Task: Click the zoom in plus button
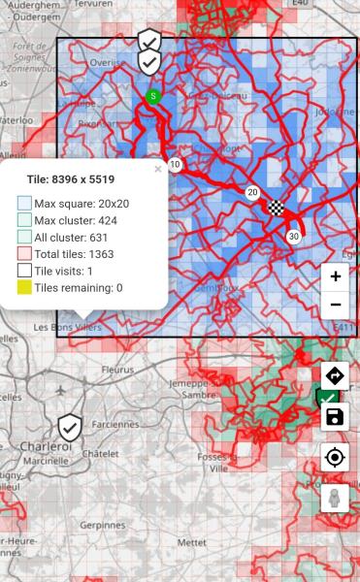coord(335,276)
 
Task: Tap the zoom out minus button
coord(335,305)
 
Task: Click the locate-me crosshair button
coord(335,458)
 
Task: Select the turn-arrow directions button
coord(335,375)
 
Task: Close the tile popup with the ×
coord(158,169)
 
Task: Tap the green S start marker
coord(153,96)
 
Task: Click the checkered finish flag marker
coord(276,206)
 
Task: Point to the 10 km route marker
coord(175,165)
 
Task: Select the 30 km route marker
coord(293,236)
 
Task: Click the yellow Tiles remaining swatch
coord(24,288)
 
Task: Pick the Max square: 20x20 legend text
coord(82,204)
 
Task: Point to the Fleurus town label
coord(119,370)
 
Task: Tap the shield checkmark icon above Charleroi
coord(69,427)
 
